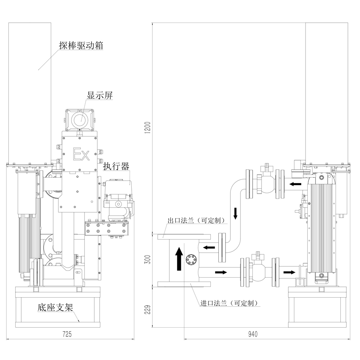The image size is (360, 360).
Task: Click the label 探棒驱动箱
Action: click(81, 46)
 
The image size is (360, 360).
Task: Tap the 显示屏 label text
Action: click(100, 96)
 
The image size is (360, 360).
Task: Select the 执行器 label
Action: click(116, 166)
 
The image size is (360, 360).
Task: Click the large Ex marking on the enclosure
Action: click(80, 154)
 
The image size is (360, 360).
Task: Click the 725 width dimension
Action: click(67, 334)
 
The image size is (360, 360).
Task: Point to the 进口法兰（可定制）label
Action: click(229, 303)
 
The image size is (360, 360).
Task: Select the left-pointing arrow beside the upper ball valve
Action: click(295, 184)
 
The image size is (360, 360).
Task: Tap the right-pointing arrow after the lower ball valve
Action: click(287, 272)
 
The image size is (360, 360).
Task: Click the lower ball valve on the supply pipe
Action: click(256, 270)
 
